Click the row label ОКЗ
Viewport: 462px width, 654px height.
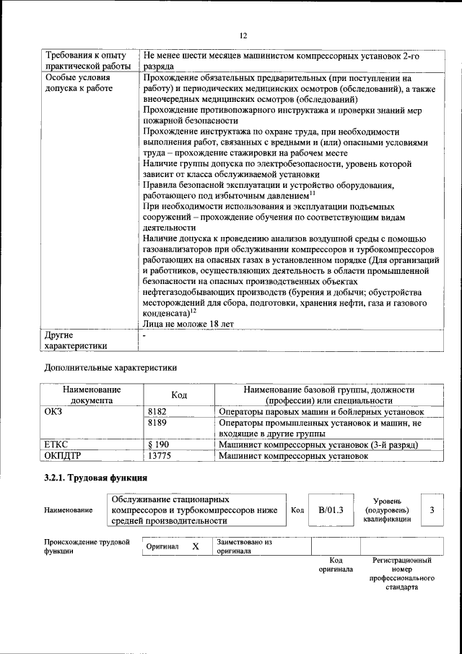(54, 411)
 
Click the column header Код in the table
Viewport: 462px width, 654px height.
(179, 395)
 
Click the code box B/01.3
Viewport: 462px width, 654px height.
(331, 509)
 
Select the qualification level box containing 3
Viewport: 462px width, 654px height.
(432, 509)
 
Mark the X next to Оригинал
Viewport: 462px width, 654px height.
(195, 546)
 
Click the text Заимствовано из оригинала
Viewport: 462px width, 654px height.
(244, 546)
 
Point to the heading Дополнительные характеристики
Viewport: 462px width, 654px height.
(110, 367)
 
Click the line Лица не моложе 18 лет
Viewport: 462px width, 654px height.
(188, 324)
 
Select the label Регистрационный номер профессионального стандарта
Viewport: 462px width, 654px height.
(401, 574)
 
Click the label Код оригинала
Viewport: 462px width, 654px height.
(336, 564)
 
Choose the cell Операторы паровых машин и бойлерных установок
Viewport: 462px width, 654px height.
(321, 411)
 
